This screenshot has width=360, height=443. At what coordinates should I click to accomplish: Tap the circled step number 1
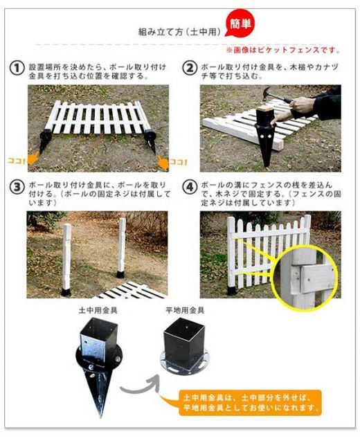(x=17, y=68)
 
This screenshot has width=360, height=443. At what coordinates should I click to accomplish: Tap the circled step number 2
(x=189, y=68)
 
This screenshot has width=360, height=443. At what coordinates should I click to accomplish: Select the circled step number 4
(x=189, y=188)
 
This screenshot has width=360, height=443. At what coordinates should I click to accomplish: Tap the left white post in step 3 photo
(x=68, y=256)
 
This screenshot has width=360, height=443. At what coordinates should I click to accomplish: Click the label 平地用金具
(x=184, y=311)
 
